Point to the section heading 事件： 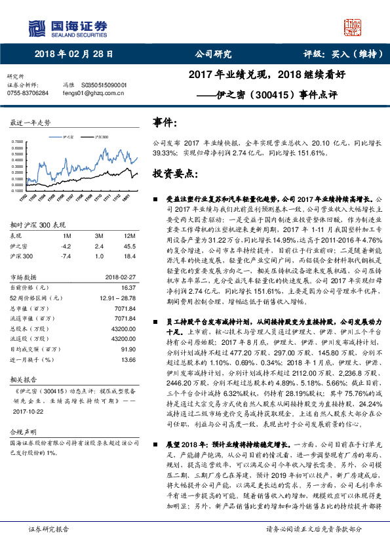(x=165, y=123)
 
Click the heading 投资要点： (x=174, y=174)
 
